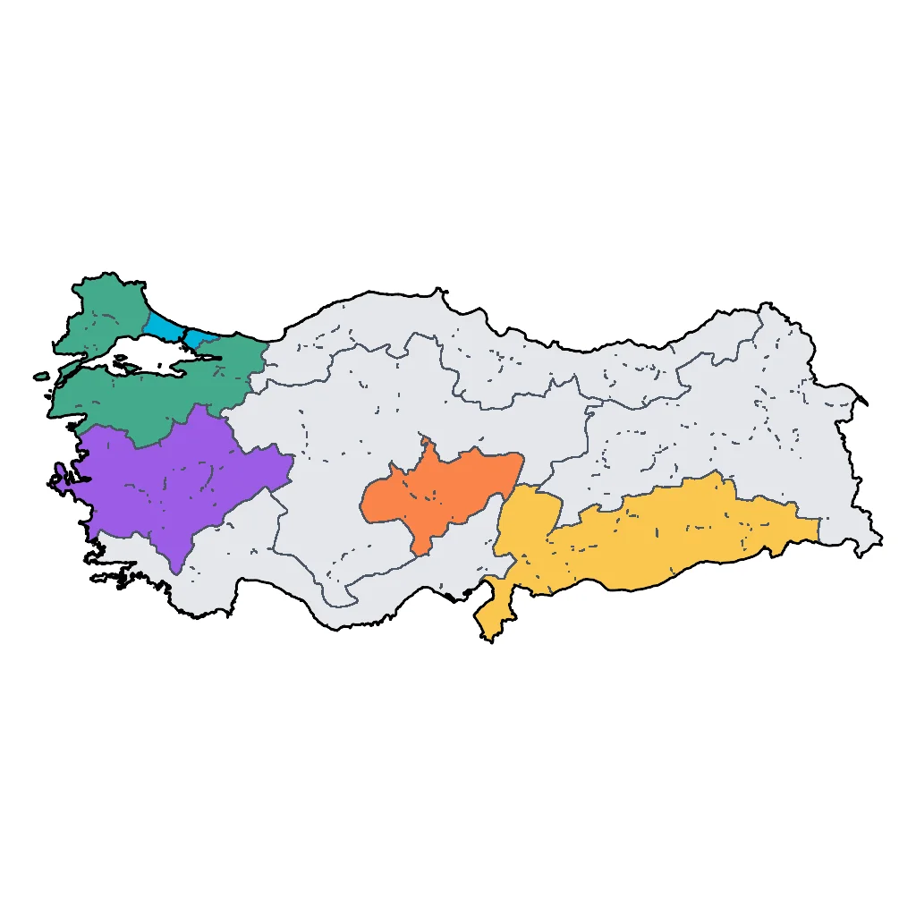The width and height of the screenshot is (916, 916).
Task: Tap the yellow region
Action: (x=662, y=537)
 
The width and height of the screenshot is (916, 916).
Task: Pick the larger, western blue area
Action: (x=165, y=326)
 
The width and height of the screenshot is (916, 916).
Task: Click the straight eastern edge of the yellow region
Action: (x=818, y=530)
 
